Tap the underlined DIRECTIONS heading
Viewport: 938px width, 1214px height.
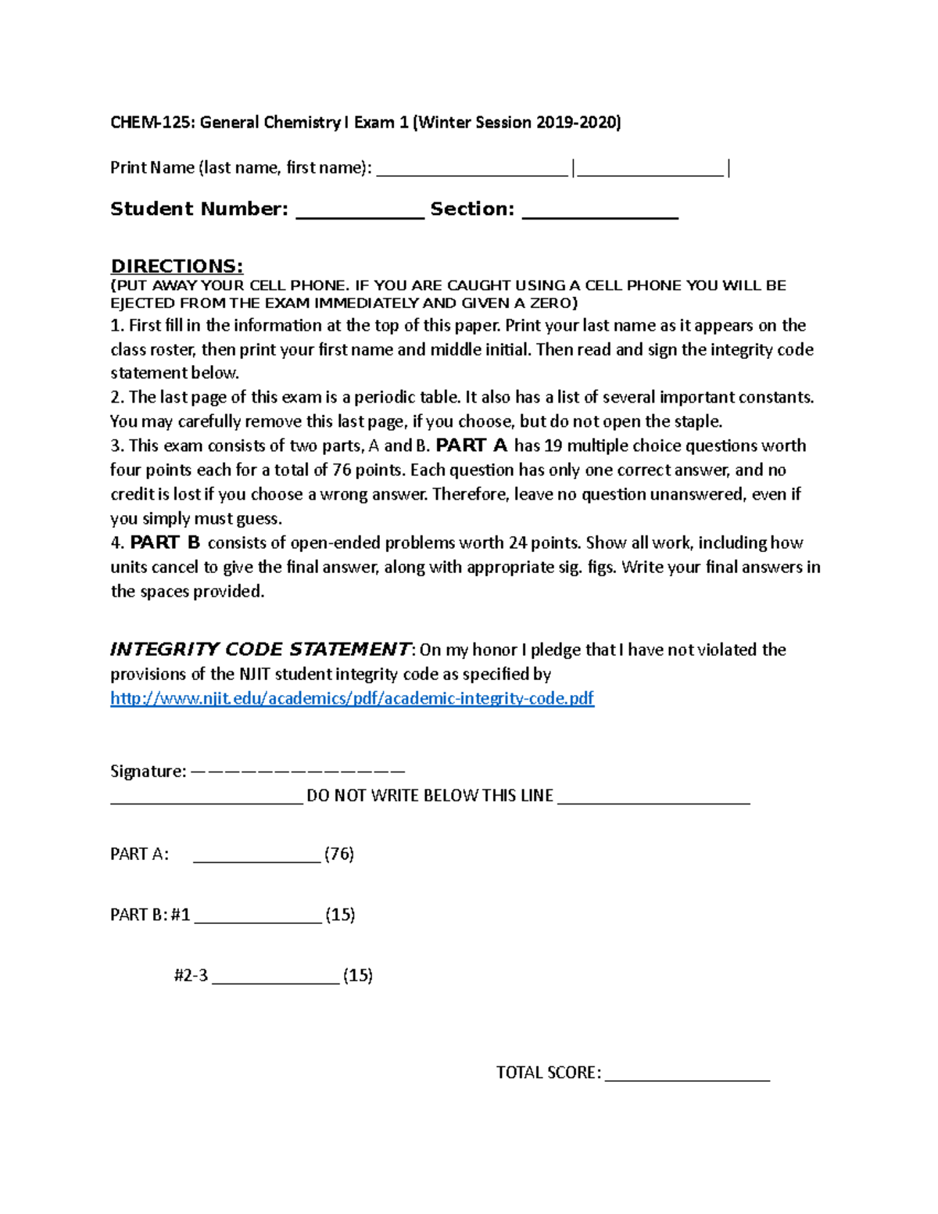[177, 266]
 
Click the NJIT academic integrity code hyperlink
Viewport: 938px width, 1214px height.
[352, 698]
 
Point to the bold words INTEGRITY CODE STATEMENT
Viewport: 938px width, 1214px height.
[260, 650]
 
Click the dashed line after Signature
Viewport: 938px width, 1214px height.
[297, 772]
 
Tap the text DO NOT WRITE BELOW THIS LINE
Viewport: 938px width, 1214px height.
[430, 796]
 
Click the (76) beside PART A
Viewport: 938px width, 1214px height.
[339, 854]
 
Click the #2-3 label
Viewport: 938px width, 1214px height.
[191, 976]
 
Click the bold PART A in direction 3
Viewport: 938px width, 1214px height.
[471, 446]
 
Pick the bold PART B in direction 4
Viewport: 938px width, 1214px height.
[165, 543]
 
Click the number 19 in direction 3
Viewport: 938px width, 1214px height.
[553, 446]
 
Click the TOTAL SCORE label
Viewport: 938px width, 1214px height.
[548, 1073]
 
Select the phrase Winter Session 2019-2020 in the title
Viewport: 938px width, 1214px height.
[517, 122]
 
